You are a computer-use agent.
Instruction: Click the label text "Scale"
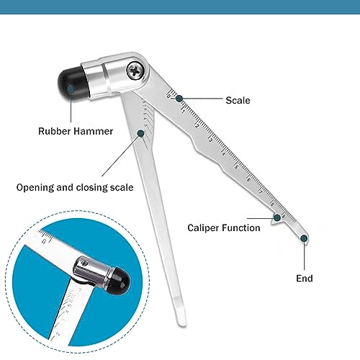[x=238, y=101]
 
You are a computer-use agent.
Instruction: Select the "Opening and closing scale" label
[x=75, y=187]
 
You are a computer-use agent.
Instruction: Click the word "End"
[x=305, y=277]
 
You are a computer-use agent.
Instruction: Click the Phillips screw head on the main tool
[x=135, y=71]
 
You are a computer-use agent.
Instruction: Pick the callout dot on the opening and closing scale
[x=141, y=132]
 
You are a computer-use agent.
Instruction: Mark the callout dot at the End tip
[x=305, y=237]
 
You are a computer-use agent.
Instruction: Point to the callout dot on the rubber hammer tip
[x=71, y=91]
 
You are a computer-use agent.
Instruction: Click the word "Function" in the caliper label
[x=240, y=228]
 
